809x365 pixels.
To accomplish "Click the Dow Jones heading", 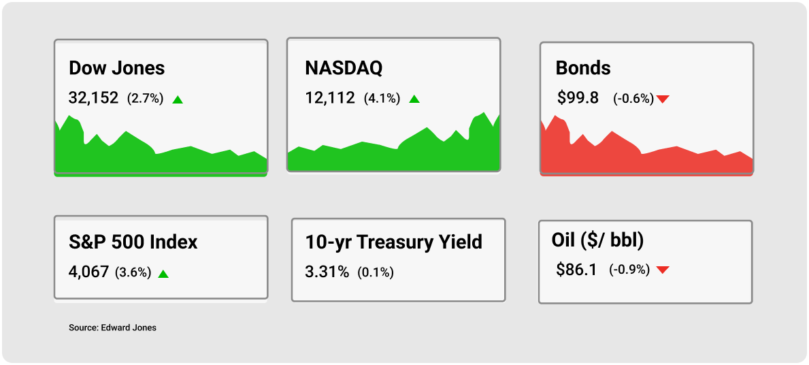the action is pos(116,68).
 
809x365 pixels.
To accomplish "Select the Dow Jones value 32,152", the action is pos(93,98).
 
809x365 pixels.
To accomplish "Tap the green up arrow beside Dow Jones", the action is pos(178,99).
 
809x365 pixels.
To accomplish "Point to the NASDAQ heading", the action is pos(344,68).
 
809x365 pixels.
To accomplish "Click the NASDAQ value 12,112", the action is pos(330,98).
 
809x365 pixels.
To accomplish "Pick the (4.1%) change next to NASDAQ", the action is pos(382,98).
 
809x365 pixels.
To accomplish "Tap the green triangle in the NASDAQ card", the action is pos(414,99).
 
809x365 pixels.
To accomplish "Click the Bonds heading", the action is pos(583,68).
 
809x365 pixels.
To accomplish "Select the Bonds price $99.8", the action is pos(578,98).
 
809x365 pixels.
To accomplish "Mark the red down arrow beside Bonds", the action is pos(663,99).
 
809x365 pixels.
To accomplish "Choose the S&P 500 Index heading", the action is pos(133,242).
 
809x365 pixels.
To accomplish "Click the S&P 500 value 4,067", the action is pos(88,272).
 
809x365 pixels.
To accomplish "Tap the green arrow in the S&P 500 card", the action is pos(163,274).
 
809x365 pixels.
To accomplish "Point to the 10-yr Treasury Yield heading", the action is pos(394,242).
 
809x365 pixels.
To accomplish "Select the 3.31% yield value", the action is pos(327,272).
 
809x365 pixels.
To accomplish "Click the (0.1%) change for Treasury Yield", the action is pos(376,272).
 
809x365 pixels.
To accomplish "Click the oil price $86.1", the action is pos(576,270).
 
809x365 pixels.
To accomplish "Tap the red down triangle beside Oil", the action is pos(663,270).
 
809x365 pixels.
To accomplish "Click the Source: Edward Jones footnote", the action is pos(112,328).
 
